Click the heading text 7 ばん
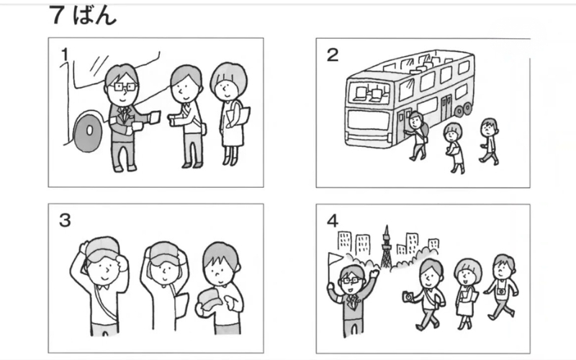(x=83, y=15)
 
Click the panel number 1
(x=65, y=55)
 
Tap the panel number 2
(x=332, y=55)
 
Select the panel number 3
(x=65, y=220)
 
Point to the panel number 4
(x=332, y=220)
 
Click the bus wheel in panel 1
(x=89, y=133)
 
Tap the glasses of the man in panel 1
(x=125, y=87)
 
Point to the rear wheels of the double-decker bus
(x=463, y=109)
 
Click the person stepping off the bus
(x=417, y=136)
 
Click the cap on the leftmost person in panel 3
(x=102, y=249)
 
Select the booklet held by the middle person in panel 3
(x=181, y=304)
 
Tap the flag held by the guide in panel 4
(x=335, y=258)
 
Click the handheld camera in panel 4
(x=408, y=297)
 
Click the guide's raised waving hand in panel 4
(x=374, y=274)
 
